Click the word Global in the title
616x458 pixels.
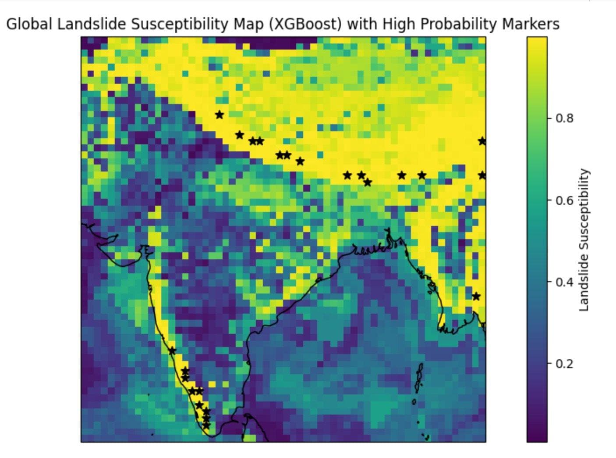[x=29, y=24]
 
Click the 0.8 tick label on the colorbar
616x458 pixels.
[x=565, y=118]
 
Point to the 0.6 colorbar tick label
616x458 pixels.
[x=565, y=200]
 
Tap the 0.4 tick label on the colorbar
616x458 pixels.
[x=565, y=282]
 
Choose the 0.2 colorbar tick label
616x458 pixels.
[x=565, y=364]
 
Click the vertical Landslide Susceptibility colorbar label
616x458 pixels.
[x=584, y=240]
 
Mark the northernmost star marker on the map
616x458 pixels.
[x=219, y=114]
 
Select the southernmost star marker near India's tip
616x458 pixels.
[x=206, y=425]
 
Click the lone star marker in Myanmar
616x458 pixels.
[x=476, y=297]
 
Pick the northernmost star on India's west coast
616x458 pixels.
[x=172, y=351]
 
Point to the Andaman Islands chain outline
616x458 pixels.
[x=418, y=379]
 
